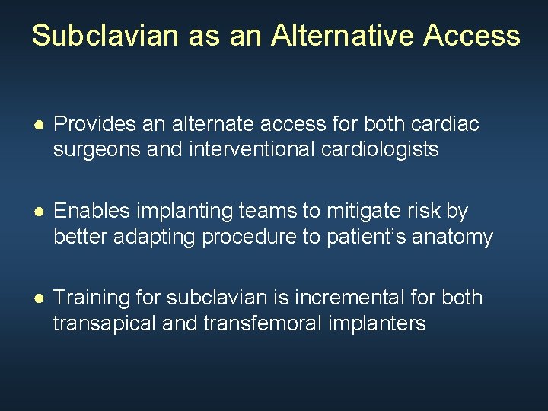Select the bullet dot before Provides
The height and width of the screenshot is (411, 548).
(x=38, y=125)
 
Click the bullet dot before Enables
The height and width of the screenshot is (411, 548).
(x=38, y=212)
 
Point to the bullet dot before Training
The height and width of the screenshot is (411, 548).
(x=38, y=298)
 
